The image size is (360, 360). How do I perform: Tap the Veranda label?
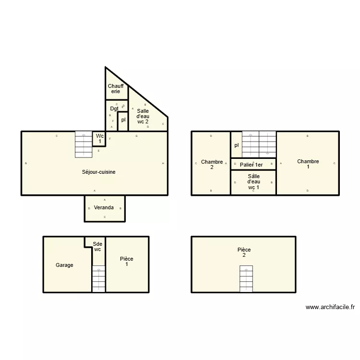pos(104,208)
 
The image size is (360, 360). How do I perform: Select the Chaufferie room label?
pos(116,89)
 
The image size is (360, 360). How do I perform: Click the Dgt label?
pos(114,108)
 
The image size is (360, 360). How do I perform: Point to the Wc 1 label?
pos(99,139)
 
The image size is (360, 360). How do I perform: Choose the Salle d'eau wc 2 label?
pos(143,116)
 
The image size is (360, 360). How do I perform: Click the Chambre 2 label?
pos(212,165)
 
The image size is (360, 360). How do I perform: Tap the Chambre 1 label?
pos(308,165)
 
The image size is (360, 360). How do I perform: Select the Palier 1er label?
pos(252,165)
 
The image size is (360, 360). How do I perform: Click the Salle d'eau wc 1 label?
pos(253,182)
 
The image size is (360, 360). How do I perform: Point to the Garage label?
pos(64,265)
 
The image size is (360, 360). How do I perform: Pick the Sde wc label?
pos(97,247)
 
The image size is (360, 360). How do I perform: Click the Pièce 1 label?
pos(127,262)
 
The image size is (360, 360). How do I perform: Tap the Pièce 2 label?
pos(244,252)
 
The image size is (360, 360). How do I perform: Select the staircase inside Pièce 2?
pos(246,278)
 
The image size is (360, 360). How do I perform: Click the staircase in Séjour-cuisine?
pos(84,144)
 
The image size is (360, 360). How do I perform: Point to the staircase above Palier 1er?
pos(259,144)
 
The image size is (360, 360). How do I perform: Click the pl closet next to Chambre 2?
pos(236,145)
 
